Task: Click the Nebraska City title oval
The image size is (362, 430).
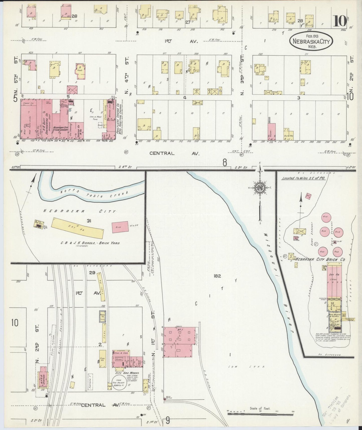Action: (x=311, y=41)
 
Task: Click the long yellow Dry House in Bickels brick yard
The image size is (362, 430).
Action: (x=77, y=227)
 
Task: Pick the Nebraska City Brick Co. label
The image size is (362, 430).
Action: (x=320, y=259)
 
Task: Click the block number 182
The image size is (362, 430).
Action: (x=217, y=276)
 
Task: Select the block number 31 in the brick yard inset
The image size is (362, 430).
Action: (x=88, y=221)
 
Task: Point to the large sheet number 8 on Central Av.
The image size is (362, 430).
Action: (x=225, y=163)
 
